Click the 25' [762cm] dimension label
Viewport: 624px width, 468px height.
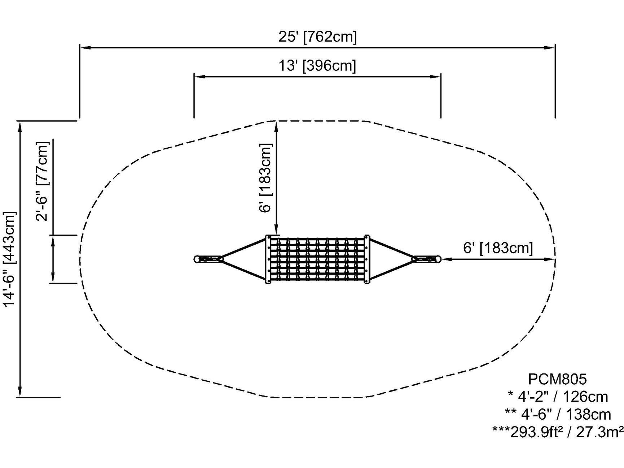click(317, 36)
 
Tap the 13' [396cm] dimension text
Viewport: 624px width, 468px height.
click(317, 66)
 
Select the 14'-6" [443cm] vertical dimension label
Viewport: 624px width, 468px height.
click(10, 259)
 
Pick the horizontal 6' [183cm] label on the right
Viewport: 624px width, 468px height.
click(498, 248)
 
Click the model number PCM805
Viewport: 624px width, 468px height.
click(557, 379)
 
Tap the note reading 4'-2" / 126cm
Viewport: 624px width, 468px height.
click(558, 397)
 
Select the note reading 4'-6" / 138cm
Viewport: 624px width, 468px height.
click(558, 415)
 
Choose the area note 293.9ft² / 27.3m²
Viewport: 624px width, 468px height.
click(558, 432)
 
